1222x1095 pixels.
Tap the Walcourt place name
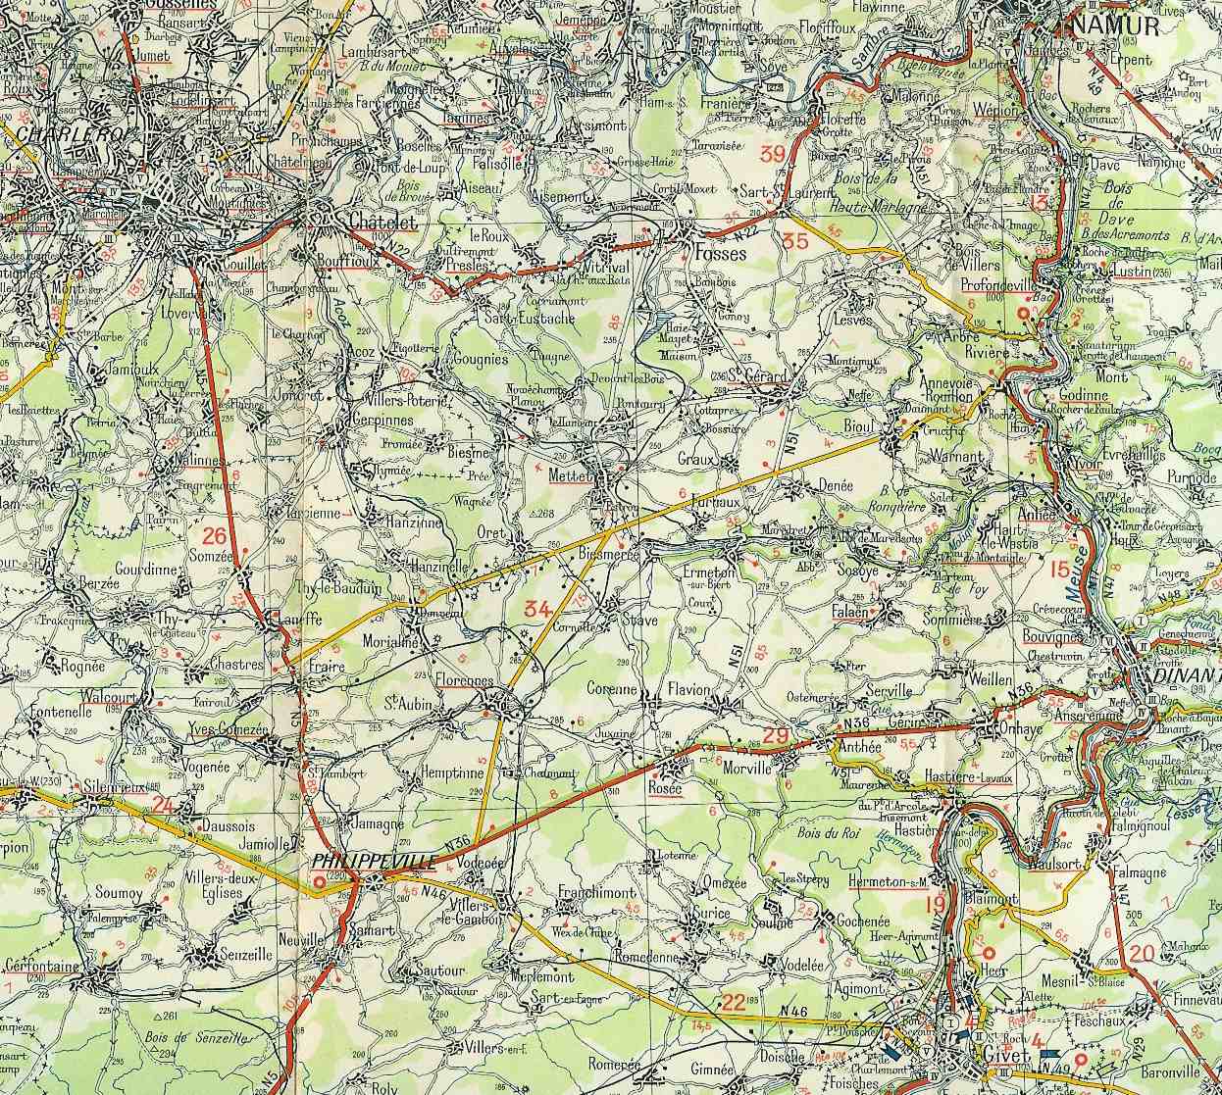coord(109,695)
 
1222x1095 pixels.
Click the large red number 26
coord(215,535)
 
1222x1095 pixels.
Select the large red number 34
coord(537,609)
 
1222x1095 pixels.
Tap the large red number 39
coord(773,153)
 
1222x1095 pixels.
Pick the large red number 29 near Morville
coord(776,736)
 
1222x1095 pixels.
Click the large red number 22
coord(733,1001)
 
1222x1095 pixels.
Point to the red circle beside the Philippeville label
coord(319,882)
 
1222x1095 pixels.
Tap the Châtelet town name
coord(383,223)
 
